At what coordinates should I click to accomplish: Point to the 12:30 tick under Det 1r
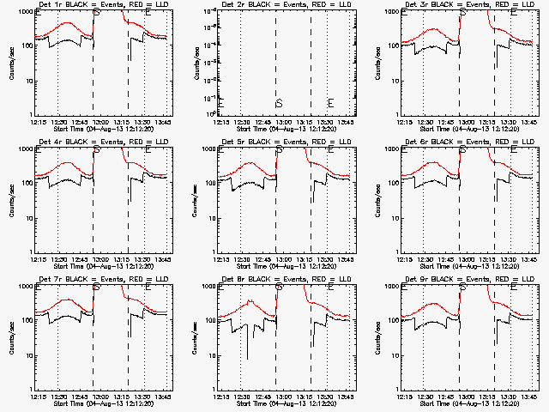click(x=59, y=122)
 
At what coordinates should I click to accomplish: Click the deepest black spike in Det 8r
click(x=248, y=359)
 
